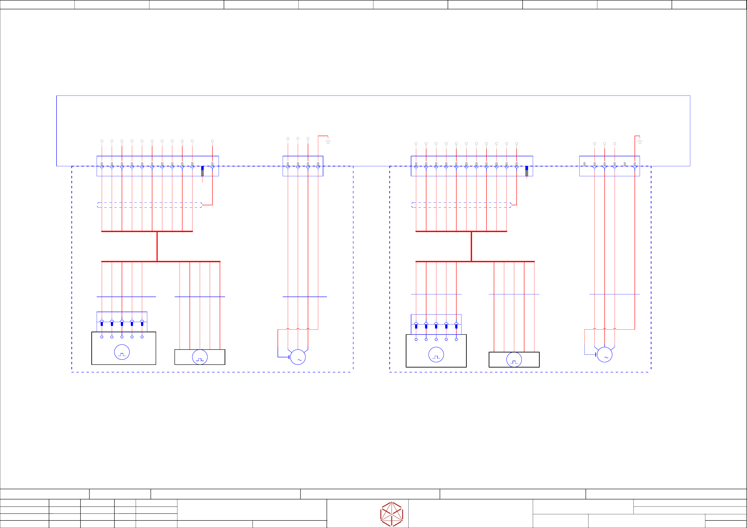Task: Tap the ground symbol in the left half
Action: click(x=328, y=142)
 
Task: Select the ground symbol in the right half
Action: click(x=640, y=142)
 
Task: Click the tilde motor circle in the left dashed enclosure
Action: click(x=298, y=357)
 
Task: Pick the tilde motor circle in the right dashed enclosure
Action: click(x=604, y=355)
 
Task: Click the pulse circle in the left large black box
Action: click(x=122, y=352)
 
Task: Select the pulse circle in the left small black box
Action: click(x=200, y=357)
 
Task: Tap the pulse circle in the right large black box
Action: click(x=436, y=355)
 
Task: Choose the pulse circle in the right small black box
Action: click(x=514, y=360)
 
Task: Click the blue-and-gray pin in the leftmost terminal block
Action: click(x=202, y=171)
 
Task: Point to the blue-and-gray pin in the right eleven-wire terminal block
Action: click(x=527, y=171)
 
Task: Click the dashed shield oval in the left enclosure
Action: click(x=150, y=205)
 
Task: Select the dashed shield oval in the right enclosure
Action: click(x=461, y=205)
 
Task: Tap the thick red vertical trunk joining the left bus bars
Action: click(x=157, y=246)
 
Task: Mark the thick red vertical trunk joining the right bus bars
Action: click(x=471, y=246)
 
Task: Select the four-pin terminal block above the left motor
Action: click(x=303, y=166)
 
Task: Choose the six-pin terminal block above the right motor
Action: click(x=609, y=166)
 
